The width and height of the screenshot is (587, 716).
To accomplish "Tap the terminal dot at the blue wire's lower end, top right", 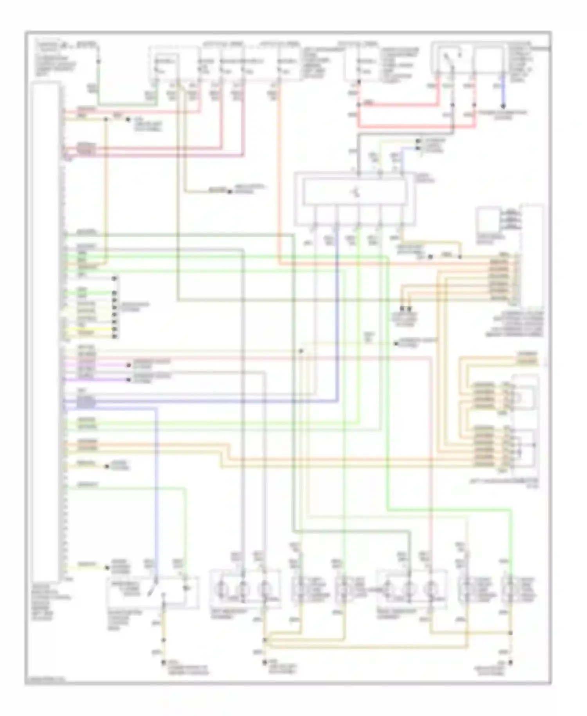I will click(503, 106).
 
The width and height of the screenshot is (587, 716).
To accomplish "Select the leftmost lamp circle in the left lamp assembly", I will click(222, 588).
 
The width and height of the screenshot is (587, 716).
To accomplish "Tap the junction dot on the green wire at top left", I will click(98, 62).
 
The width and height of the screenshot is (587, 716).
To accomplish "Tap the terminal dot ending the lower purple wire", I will click(128, 380).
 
